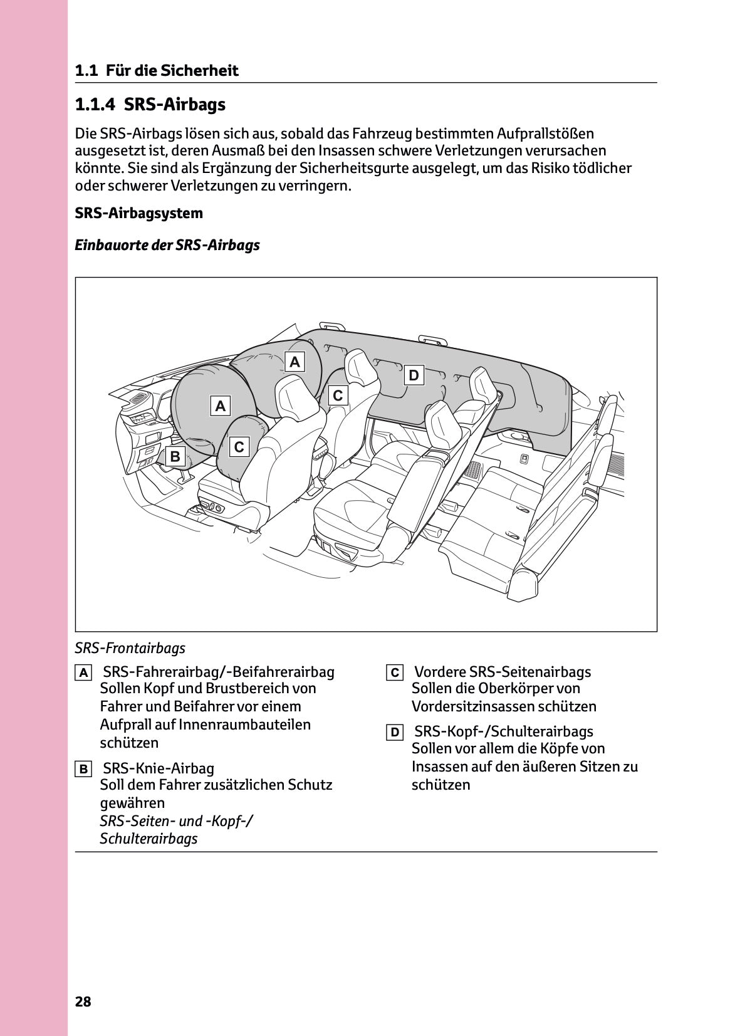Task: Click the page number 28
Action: tap(83, 1002)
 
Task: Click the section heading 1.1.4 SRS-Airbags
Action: tap(150, 105)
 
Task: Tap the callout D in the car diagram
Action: tap(413, 375)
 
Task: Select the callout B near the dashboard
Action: tap(175, 457)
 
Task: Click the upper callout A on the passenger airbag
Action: tap(295, 362)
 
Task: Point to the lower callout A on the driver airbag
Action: tap(220, 406)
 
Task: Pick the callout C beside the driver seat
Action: tap(239, 447)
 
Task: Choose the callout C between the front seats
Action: tap(338, 395)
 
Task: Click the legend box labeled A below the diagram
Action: tap(83, 673)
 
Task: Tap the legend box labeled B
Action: tap(83, 769)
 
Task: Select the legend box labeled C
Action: tap(395, 673)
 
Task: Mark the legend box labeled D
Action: tap(395, 733)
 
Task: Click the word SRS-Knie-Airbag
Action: tap(158, 768)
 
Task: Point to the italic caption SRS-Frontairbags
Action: tap(130, 648)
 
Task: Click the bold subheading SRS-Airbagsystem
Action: tap(138, 213)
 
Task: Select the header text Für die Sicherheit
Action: tap(172, 71)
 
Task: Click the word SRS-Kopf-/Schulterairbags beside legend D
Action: tap(503, 731)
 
